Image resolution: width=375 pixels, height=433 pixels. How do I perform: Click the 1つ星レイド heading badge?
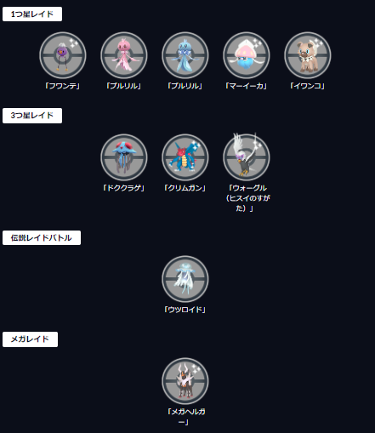tap(32, 14)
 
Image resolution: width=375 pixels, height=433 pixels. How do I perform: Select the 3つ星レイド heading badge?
tap(32, 116)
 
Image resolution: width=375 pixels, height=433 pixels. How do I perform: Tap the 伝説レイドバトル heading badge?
tap(42, 237)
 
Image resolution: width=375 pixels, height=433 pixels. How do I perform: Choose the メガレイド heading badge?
tap(30, 339)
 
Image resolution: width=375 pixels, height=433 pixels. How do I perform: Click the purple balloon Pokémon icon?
tap(63, 55)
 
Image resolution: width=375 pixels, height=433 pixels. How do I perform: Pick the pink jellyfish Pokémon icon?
tap(124, 55)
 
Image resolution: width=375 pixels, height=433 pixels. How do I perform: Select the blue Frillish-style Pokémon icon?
tap(185, 55)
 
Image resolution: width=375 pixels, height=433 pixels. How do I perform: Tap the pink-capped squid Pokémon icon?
tap(247, 55)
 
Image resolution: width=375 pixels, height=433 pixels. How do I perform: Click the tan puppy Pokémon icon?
tap(308, 55)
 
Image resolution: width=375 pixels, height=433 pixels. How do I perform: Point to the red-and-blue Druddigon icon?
tap(185, 157)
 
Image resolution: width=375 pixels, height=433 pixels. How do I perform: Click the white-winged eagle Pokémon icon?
tap(247, 157)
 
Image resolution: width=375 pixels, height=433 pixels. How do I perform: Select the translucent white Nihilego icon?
tap(185, 279)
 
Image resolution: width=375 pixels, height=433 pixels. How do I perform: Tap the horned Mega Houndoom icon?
tap(185, 381)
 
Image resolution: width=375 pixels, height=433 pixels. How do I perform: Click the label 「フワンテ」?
tap(63, 86)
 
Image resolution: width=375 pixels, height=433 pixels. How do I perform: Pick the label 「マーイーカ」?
tap(246, 86)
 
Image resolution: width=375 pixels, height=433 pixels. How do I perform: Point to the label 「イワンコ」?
tap(307, 86)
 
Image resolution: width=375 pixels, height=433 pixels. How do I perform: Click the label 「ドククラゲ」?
tap(123, 188)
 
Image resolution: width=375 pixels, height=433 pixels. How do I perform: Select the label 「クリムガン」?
tap(185, 188)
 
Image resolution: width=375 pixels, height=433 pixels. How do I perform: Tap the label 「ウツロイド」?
tap(185, 310)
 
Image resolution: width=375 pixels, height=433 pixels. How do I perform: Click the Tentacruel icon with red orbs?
tap(124, 157)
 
